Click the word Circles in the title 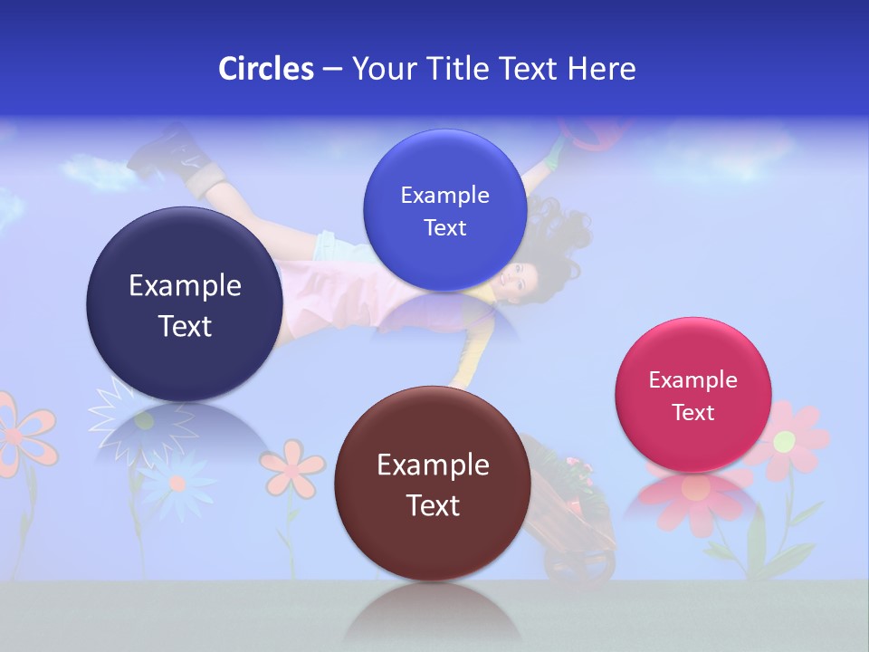pyautogui.click(x=265, y=68)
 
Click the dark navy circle pyautogui.click(x=184, y=304)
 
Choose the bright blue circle pyautogui.click(x=444, y=210)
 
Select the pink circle pyautogui.click(x=692, y=395)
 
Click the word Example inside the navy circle pyautogui.click(x=185, y=285)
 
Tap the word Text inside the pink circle pyautogui.click(x=693, y=413)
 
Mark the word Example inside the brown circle pyautogui.click(x=433, y=465)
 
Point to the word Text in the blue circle pyautogui.click(x=444, y=228)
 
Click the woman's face pyautogui.click(x=514, y=277)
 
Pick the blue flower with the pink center pyautogui.click(x=177, y=481)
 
